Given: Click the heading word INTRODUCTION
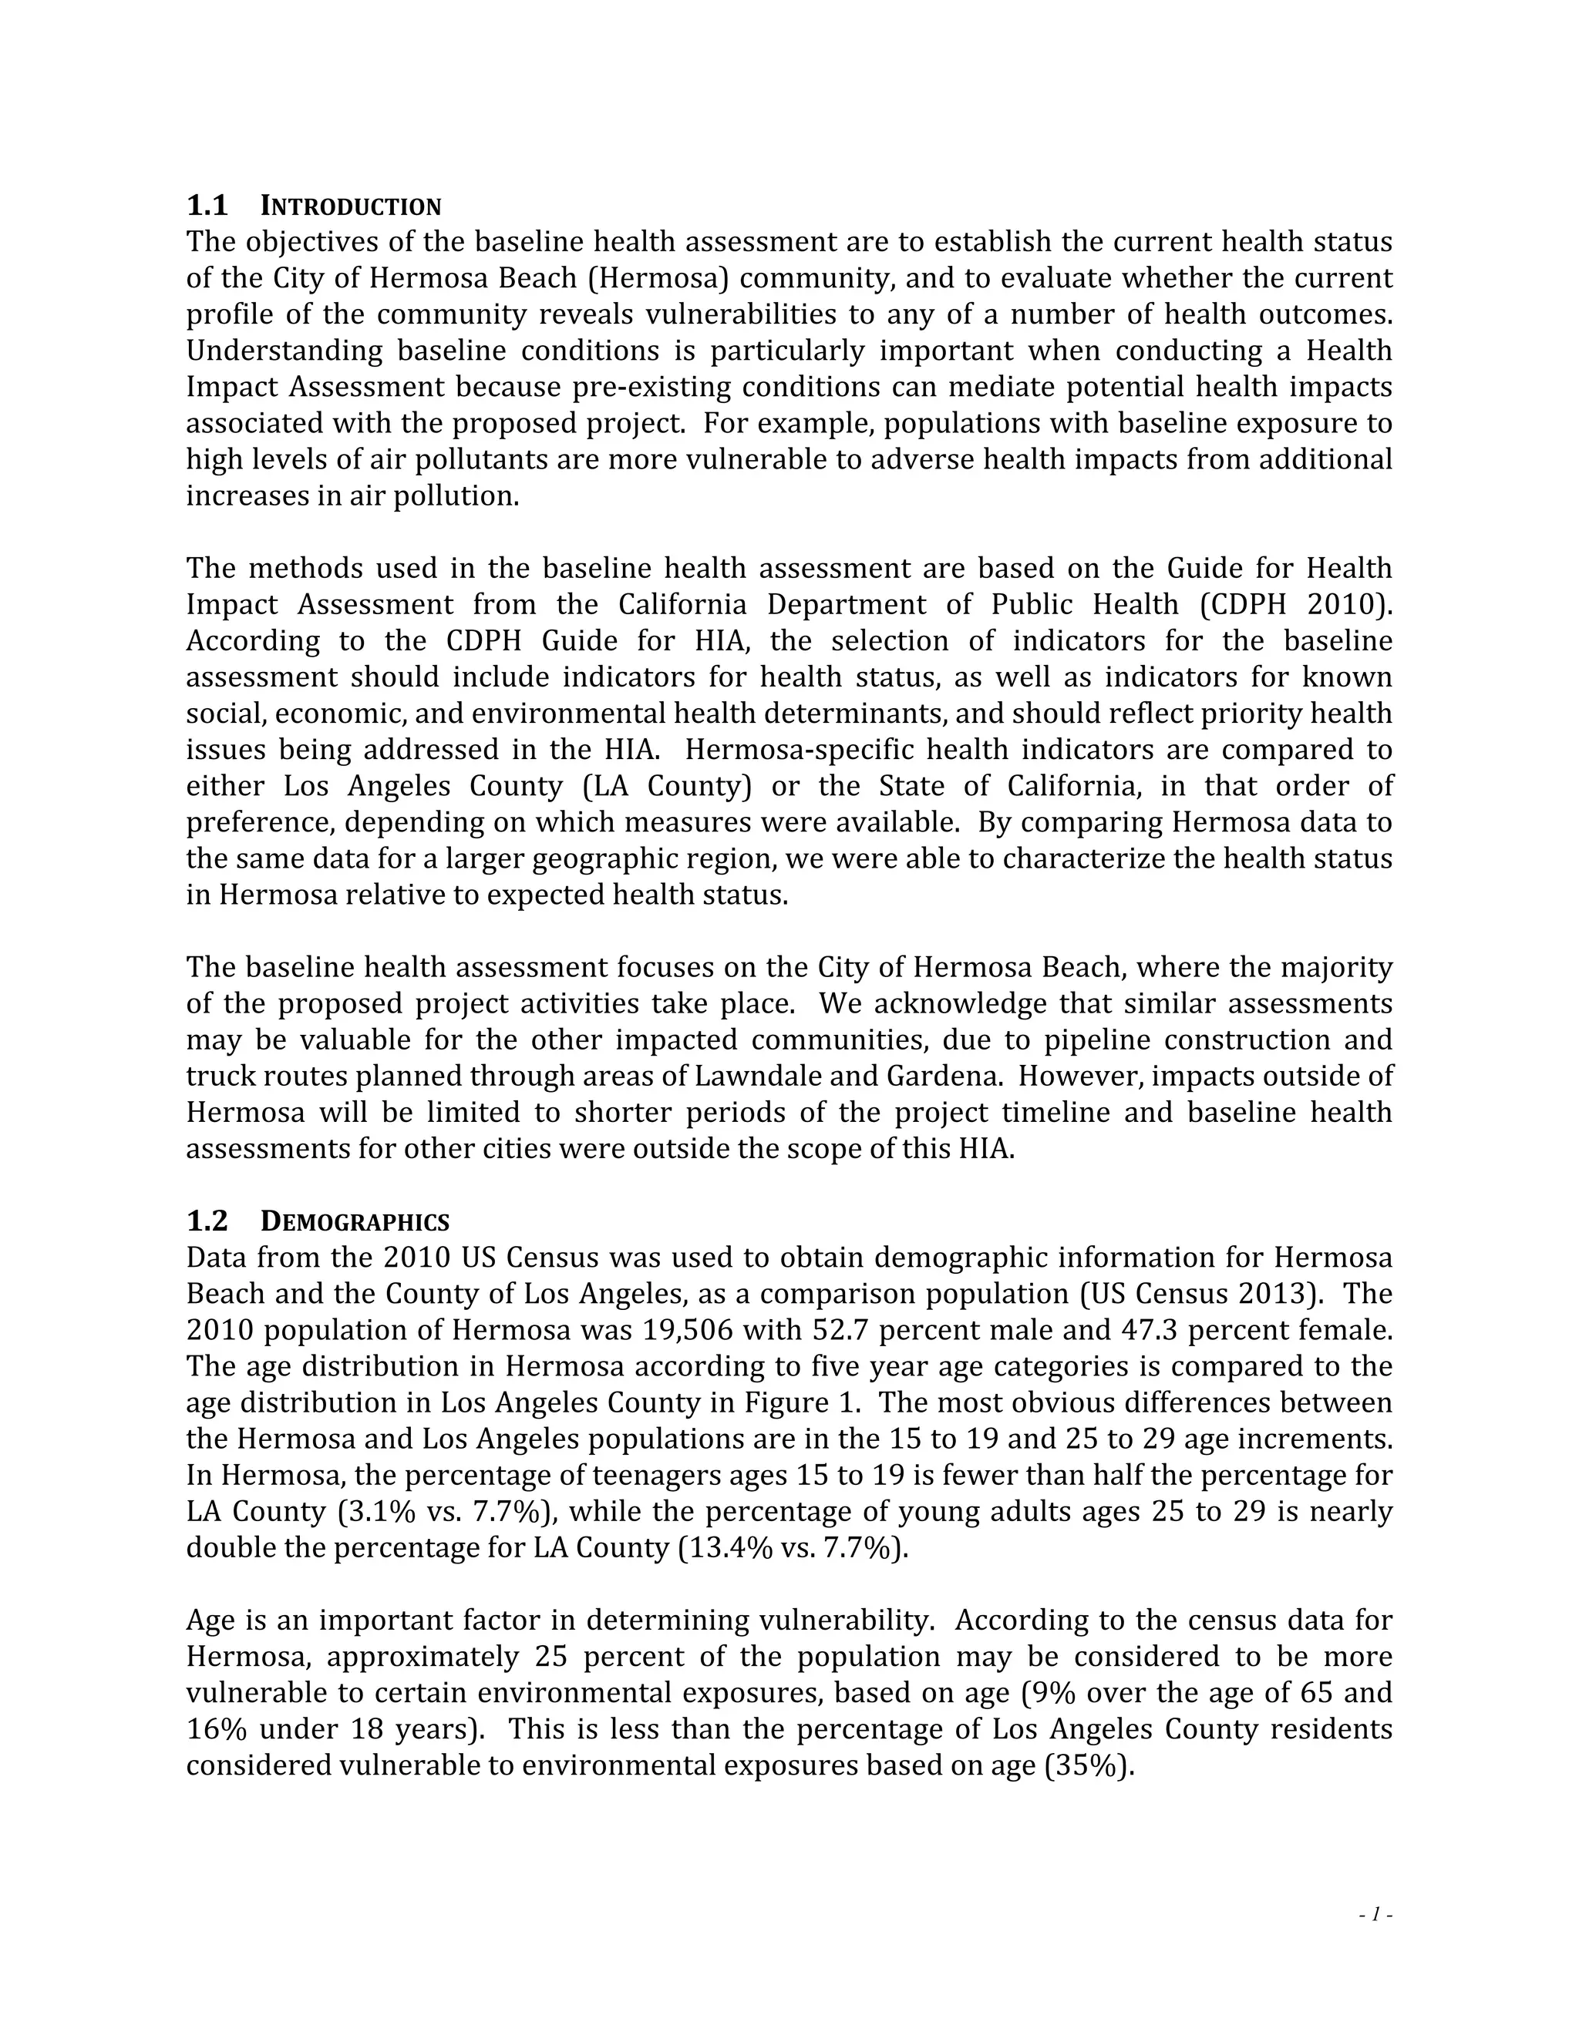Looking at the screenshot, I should click(x=350, y=206).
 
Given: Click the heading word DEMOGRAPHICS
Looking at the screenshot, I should click(x=355, y=1222).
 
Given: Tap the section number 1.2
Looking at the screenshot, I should click(x=207, y=1222).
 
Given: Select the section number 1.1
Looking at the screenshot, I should click(x=207, y=206).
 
